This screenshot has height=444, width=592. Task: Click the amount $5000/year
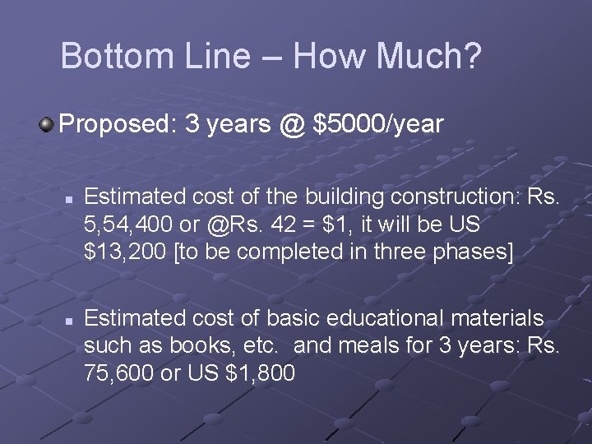378,124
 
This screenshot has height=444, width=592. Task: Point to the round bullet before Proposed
46,125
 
